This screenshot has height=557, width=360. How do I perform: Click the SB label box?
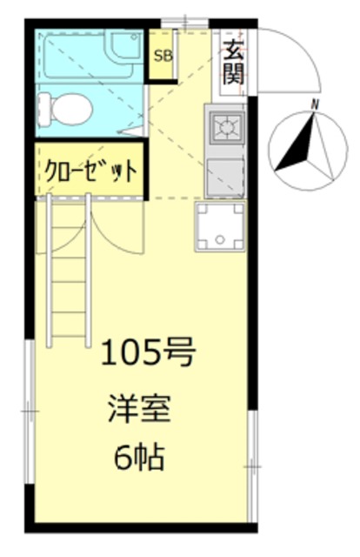163,57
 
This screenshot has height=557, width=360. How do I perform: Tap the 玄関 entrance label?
233,62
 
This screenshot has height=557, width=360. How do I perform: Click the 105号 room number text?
146,353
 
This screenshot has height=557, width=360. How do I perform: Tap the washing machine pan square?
220,225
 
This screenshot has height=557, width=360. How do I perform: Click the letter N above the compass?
316,105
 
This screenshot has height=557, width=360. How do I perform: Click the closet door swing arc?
109,226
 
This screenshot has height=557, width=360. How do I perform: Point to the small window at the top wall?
186,22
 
